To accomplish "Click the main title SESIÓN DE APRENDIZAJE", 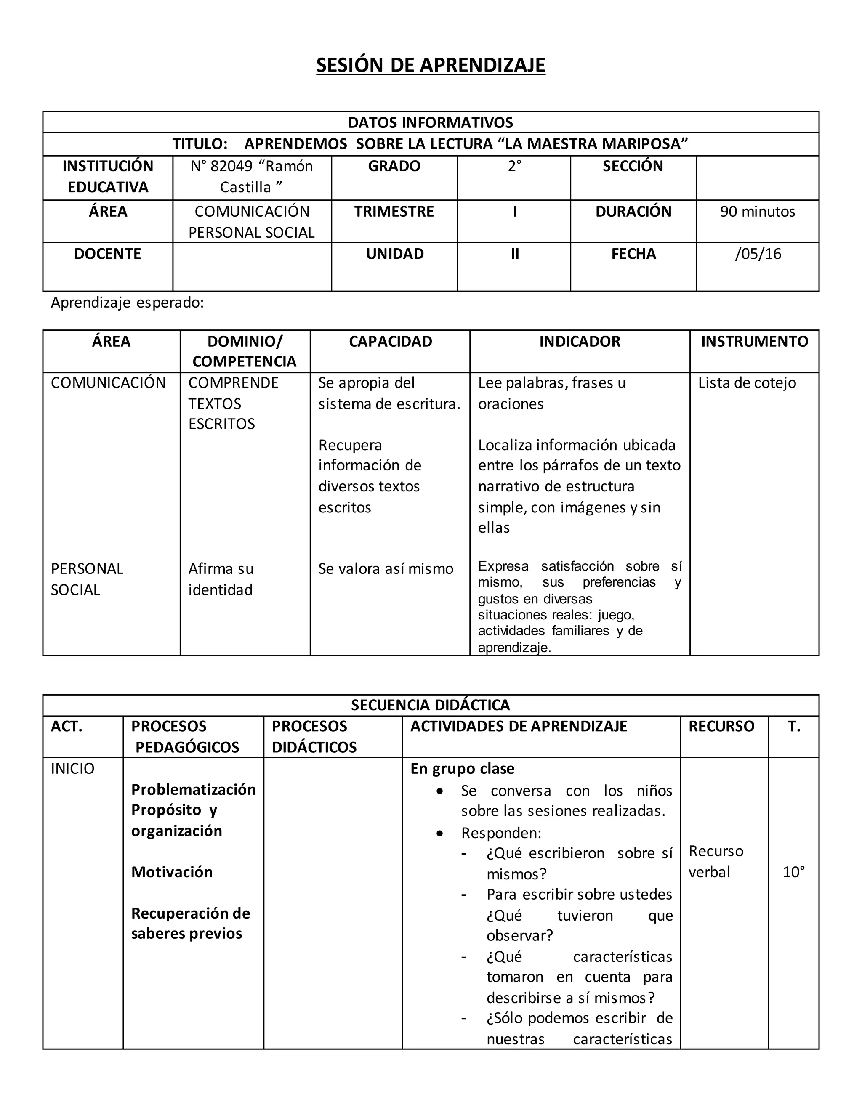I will click(431, 65).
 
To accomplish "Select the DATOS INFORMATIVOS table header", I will click(431, 122).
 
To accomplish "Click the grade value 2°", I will click(514, 167).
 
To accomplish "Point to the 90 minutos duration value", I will click(757, 211).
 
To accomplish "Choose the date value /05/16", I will click(758, 254).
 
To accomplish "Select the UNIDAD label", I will click(395, 254).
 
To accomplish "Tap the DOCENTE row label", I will click(107, 254).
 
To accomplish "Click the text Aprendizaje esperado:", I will click(127, 303).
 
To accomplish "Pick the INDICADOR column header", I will click(580, 342).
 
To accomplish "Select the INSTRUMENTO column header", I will click(754, 342).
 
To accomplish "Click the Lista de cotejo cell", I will click(747, 383).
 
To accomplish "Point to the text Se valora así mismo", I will click(386, 569).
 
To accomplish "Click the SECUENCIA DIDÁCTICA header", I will click(431, 705).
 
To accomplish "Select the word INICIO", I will click(72, 768).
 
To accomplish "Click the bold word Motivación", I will click(172, 871).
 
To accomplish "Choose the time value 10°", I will click(793, 871).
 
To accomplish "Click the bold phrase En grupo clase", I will click(462, 768).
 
